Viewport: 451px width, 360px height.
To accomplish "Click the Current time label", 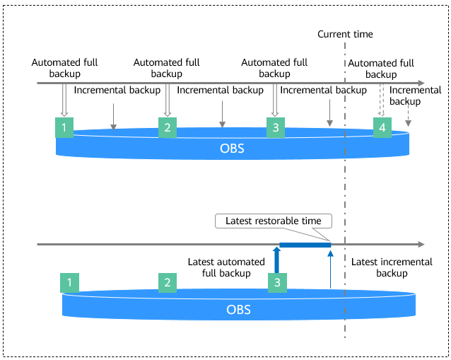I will [x=345, y=34].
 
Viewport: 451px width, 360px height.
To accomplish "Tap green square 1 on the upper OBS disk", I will [x=64, y=127].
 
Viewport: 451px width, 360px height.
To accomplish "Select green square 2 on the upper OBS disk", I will [x=168, y=127].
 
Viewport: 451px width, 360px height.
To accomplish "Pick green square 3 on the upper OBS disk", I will [x=276, y=127].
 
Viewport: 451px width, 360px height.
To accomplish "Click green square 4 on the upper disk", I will [x=382, y=127].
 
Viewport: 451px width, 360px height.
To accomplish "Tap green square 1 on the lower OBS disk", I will [x=69, y=283].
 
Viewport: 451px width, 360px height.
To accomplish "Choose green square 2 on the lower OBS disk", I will [x=168, y=283].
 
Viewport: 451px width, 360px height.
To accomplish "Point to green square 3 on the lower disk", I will [x=277, y=283].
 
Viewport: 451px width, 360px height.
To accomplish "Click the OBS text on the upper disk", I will [x=234, y=148].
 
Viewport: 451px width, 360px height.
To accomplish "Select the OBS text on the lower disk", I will [x=238, y=309].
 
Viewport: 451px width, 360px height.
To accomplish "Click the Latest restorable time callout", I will [x=273, y=221].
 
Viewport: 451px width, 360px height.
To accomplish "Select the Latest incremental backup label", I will [x=392, y=267].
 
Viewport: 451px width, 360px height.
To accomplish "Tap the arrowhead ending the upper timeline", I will [x=421, y=83].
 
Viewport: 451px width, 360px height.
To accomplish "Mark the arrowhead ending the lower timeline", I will [x=421, y=245].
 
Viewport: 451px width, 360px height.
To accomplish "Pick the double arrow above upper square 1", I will [x=64, y=99].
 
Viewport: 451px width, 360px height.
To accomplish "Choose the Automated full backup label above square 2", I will [x=167, y=68].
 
